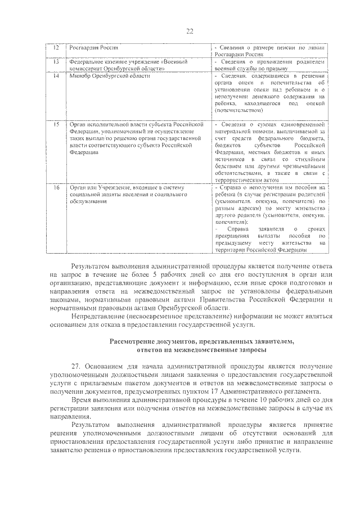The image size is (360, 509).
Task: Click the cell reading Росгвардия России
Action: pyautogui.click(x=93, y=48)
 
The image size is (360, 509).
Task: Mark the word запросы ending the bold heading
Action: pyautogui.click(x=250, y=350)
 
